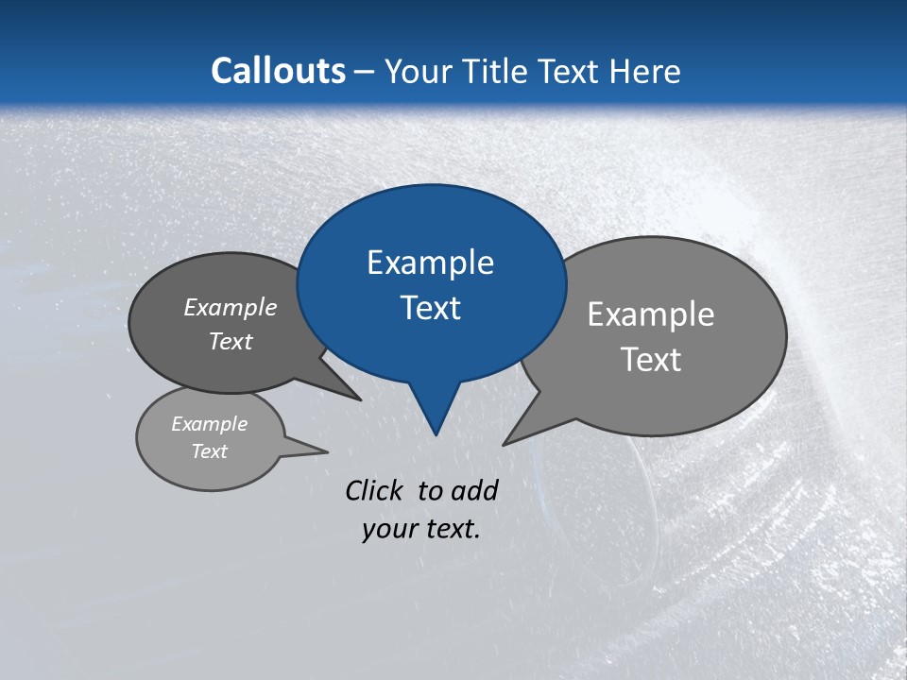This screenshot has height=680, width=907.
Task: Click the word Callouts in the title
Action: [278, 71]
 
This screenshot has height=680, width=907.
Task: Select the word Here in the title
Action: [646, 71]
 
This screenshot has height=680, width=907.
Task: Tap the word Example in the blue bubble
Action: [430, 263]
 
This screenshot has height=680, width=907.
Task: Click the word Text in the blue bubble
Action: [430, 308]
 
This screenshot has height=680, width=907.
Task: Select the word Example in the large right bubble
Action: [651, 314]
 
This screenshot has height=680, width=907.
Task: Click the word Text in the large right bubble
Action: [651, 360]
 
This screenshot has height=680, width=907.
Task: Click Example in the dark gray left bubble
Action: [231, 307]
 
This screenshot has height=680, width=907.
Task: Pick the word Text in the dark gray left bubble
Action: [231, 341]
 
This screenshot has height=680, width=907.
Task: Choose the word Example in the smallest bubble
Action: [210, 424]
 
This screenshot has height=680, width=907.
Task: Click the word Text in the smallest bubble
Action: [210, 451]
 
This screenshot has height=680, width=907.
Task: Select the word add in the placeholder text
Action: [474, 490]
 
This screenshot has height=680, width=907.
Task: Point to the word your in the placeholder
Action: [388, 529]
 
